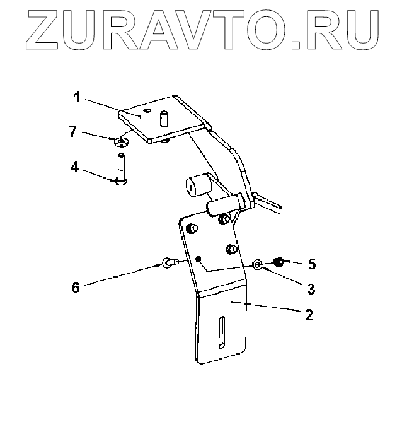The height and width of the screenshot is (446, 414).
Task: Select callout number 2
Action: tap(309, 314)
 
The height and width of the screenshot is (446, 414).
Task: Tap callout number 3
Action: tap(311, 289)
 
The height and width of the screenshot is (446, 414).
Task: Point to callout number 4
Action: tap(74, 168)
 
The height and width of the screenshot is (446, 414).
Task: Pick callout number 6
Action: tap(76, 287)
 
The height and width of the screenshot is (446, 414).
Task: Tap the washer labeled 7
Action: tap(122, 140)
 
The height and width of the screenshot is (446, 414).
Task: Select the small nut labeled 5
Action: tap(278, 261)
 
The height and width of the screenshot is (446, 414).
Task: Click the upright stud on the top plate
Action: tap(164, 118)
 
